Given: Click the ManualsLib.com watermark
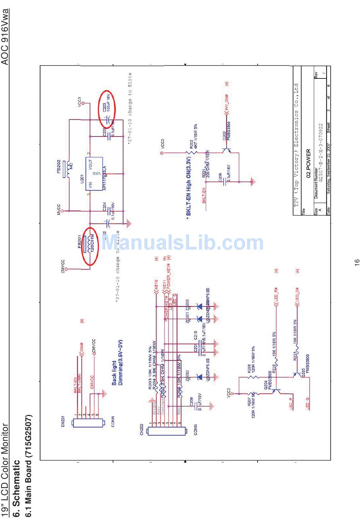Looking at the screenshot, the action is point(183,243).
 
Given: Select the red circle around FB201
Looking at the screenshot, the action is point(90,246).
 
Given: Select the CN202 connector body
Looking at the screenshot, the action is point(167,431).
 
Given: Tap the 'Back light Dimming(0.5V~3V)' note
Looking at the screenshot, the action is point(117,362).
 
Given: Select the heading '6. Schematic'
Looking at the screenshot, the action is point(16,488).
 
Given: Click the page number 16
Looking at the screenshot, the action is point(356,262).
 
